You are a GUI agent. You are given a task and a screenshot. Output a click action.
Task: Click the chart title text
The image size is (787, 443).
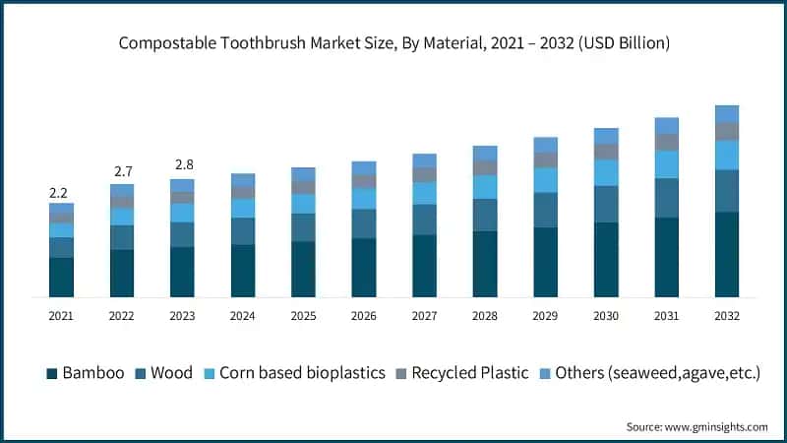393,42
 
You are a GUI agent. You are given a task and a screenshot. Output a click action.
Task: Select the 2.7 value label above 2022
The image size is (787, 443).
122,173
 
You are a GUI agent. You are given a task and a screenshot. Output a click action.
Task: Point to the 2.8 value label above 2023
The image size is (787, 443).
182,163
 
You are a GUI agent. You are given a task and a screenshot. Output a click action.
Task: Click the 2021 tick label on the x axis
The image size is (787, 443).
61,315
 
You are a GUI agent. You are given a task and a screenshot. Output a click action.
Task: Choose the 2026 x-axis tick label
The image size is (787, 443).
364,315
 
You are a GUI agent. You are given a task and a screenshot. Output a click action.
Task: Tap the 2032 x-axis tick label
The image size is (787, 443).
727,315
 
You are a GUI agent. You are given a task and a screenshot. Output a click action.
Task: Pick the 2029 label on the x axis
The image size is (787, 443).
546,315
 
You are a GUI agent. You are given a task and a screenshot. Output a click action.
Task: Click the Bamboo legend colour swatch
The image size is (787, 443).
51,373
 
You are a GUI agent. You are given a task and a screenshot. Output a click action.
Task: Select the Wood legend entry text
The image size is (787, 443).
172,373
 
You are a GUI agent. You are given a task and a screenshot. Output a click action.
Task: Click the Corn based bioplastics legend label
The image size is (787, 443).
302,373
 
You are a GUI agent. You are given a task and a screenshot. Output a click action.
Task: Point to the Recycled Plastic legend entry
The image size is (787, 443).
470,373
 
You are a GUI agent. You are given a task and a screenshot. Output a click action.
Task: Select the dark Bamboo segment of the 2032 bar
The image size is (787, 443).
727,254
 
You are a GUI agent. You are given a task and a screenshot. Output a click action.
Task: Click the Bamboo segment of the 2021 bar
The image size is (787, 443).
61,277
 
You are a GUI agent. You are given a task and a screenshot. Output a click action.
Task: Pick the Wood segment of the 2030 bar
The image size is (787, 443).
606,204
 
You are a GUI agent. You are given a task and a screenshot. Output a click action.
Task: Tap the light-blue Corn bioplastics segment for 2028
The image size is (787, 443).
485,187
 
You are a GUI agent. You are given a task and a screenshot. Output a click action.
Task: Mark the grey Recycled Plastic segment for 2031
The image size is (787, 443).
667,142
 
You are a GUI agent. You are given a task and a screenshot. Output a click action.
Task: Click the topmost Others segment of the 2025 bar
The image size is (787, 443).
304,174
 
